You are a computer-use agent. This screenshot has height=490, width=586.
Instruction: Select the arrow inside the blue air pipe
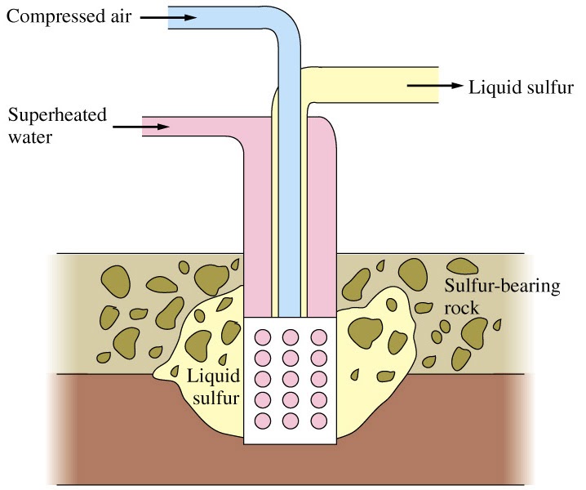tap(185, 17)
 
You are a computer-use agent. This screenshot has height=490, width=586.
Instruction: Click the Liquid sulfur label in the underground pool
tap(212, 387)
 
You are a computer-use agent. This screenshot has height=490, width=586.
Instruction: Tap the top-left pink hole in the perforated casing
tap(263, 336)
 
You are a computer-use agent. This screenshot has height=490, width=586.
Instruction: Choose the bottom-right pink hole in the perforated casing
tap(318, 421)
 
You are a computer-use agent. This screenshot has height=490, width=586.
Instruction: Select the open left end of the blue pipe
tap(169, 18)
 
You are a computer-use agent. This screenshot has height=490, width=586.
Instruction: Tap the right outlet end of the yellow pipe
tap(437, 84)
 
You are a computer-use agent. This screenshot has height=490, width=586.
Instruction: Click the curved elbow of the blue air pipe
tap(286, 33)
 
